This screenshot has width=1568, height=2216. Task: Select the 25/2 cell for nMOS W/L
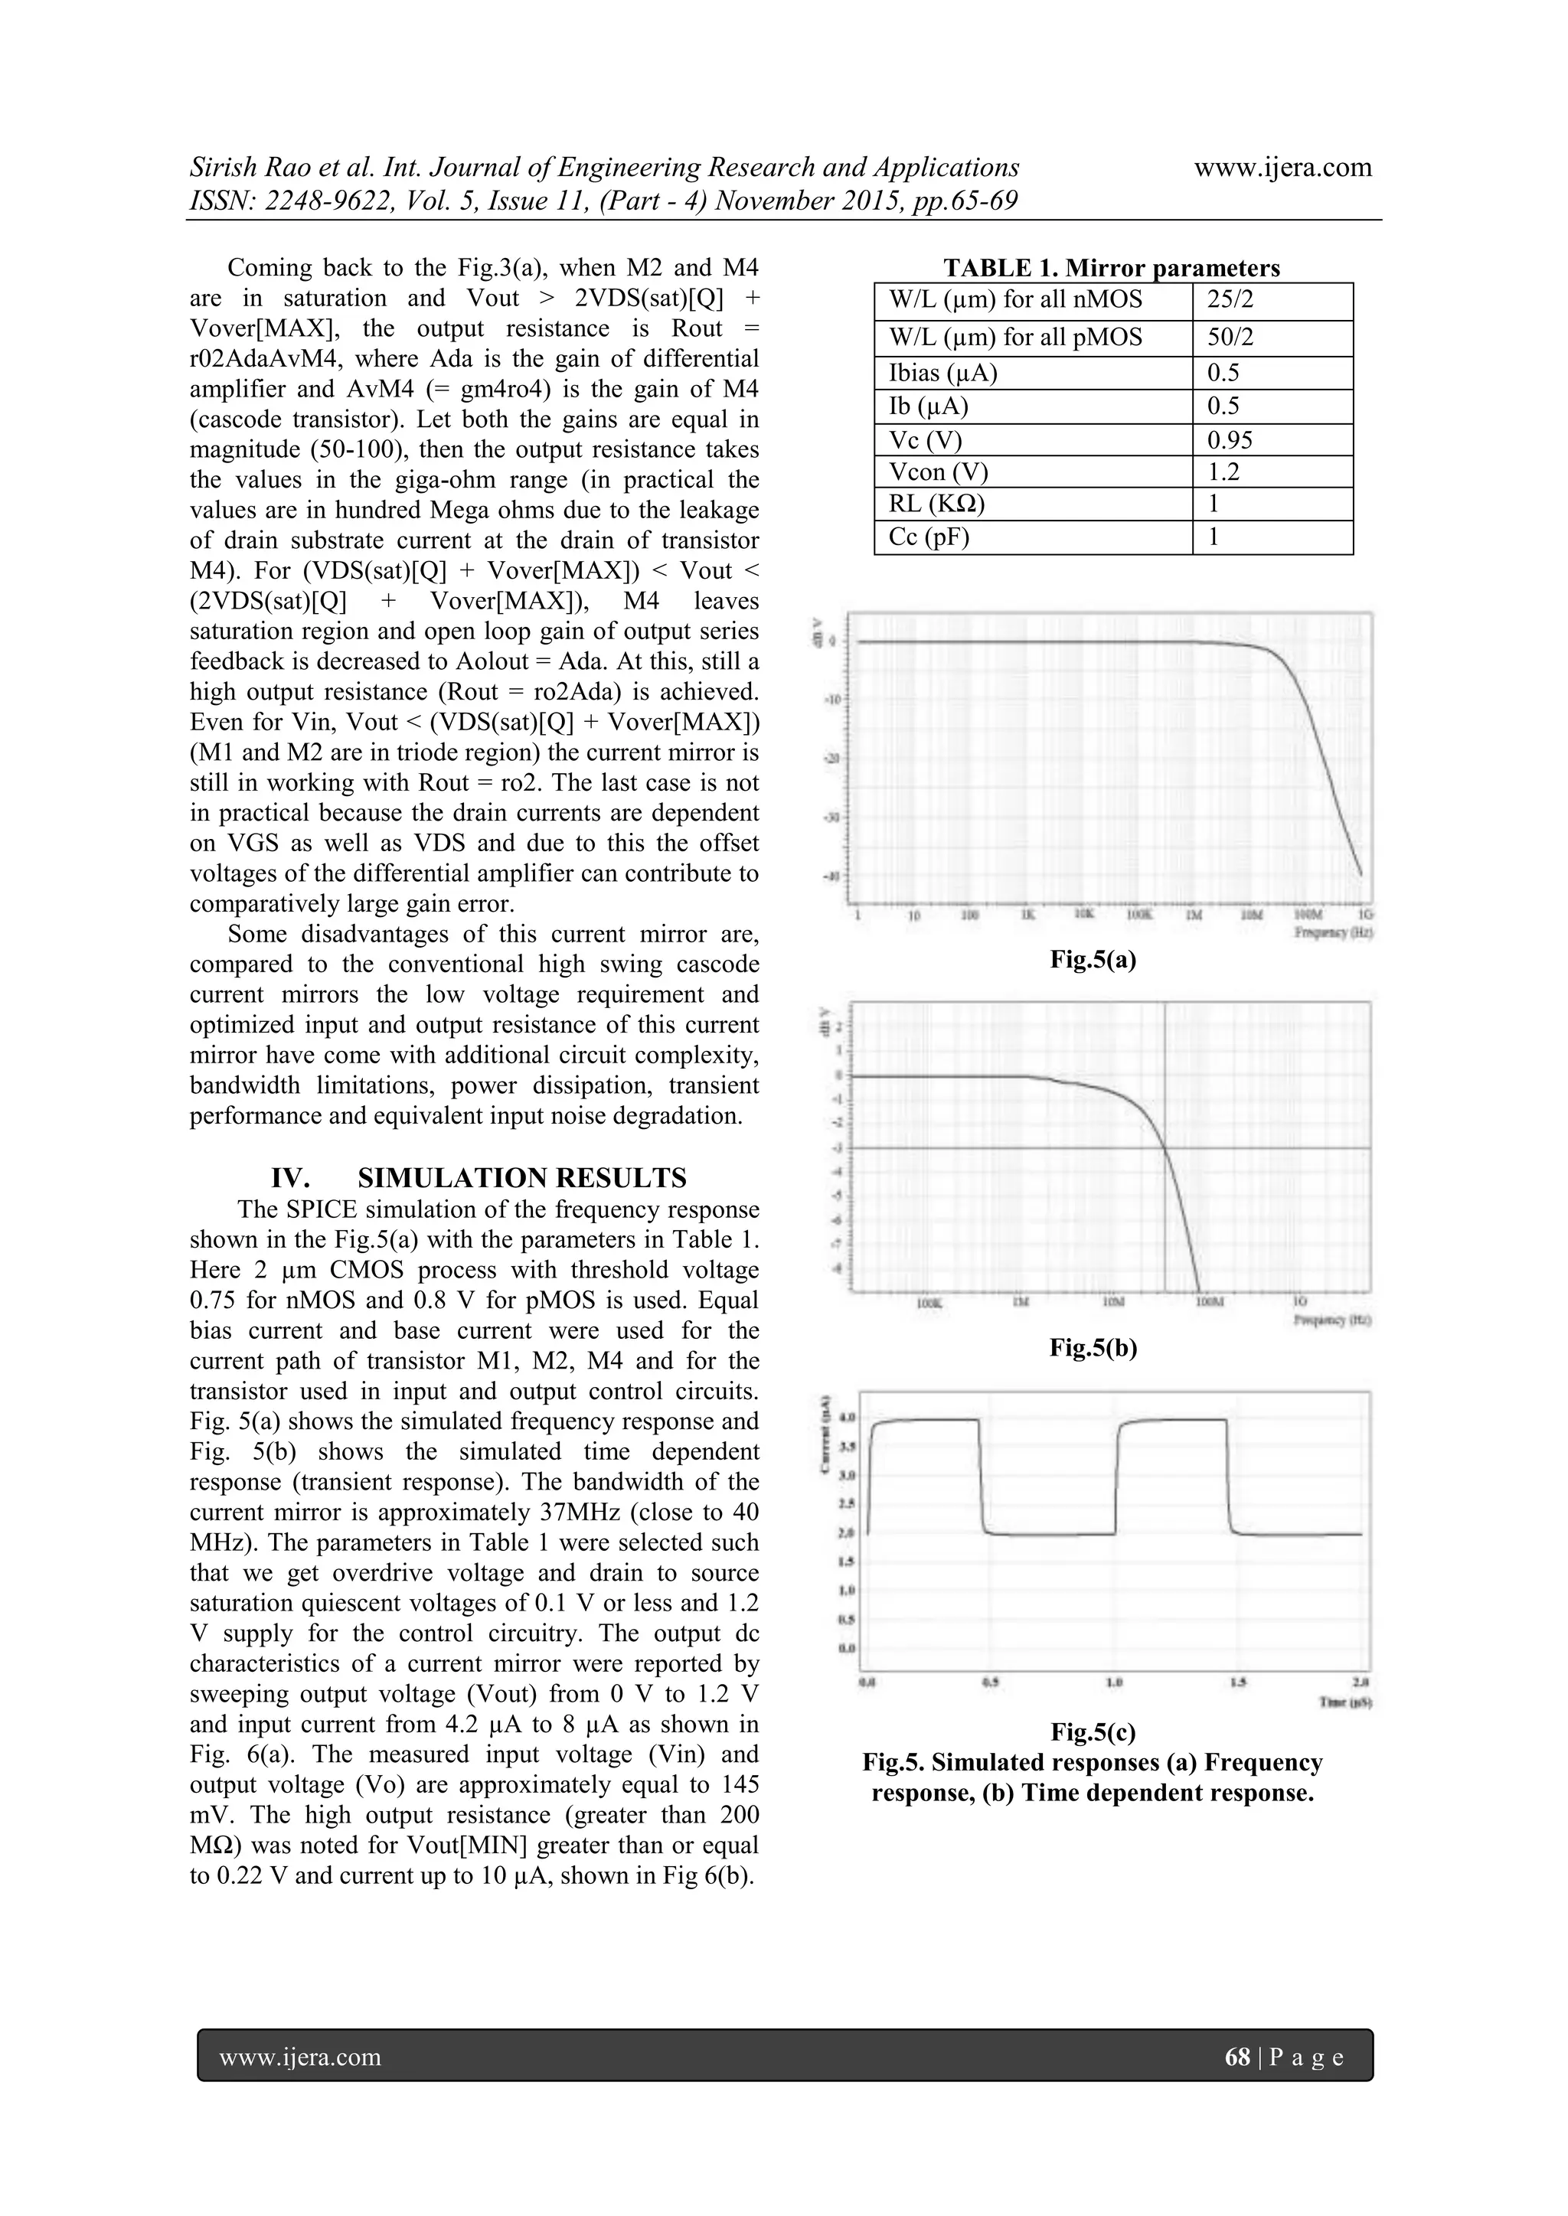(x=1230, y=300)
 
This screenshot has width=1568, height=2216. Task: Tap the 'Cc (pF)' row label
(x=928, y=537)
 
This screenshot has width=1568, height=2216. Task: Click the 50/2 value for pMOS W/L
(x=1230, y=338)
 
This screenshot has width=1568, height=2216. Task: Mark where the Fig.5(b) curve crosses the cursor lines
(x=1166, y=1147)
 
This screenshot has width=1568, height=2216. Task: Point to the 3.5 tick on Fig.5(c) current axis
(x=847, y=1447)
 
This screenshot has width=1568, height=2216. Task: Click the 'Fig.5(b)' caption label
(x=1093, y=1348)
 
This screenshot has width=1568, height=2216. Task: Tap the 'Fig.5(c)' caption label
(x=1093, y=1731)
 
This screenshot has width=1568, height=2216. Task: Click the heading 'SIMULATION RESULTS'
(x=521, y=1177)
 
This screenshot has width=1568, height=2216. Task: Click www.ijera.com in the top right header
(x=1282, y=167)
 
